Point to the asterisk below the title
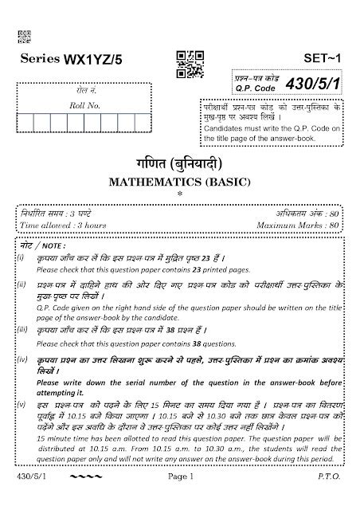179,194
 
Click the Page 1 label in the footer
180,498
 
